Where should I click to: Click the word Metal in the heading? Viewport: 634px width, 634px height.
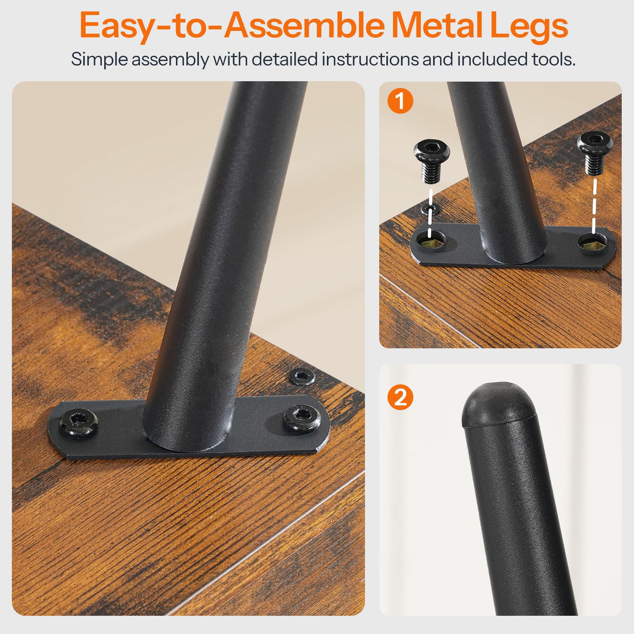pyautogui.click(x=438, y=26)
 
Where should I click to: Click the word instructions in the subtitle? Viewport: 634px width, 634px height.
pyautogui.click(x=370, y=60)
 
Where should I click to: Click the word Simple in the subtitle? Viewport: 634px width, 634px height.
pyautogui.click(x=99, y=60)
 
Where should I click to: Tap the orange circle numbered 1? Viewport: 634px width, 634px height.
pyautogui.click(x=400, y=101)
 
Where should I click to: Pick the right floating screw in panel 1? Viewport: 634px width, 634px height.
pyautogui.click(x=595, y=152)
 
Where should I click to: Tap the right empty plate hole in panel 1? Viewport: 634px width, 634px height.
pyautogui.click(x=593, y=242)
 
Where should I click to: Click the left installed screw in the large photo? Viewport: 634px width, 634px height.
pyautogui.click(x=79, y=423)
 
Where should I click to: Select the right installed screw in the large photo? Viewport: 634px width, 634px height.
pyautogui.click(x=302, y=418)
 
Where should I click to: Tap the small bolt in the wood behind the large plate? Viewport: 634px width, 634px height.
pyautogui.click(x=301, y=377)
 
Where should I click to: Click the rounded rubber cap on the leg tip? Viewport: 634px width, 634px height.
pyautogui.click(x=499, y=405)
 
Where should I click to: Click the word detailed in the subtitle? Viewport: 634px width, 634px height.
pyautogui.click(x=285, y=60)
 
